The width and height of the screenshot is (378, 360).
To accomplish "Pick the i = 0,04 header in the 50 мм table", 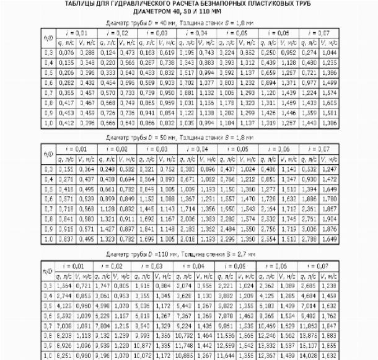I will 195,149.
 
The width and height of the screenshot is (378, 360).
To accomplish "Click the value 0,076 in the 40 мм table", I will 65,53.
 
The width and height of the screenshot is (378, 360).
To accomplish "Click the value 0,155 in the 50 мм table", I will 65,169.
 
